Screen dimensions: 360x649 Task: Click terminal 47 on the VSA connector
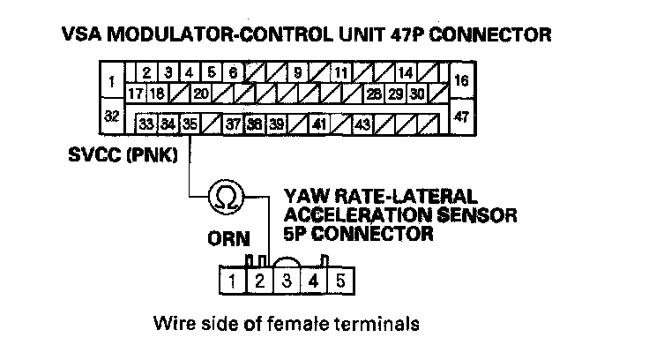460,116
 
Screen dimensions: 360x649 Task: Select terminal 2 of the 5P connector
259,282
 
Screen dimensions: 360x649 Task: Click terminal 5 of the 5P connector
341,282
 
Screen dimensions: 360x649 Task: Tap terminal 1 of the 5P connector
232,282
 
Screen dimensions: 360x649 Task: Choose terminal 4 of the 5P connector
314,282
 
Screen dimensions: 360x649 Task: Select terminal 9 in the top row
298,72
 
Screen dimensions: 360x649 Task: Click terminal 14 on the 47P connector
406,72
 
